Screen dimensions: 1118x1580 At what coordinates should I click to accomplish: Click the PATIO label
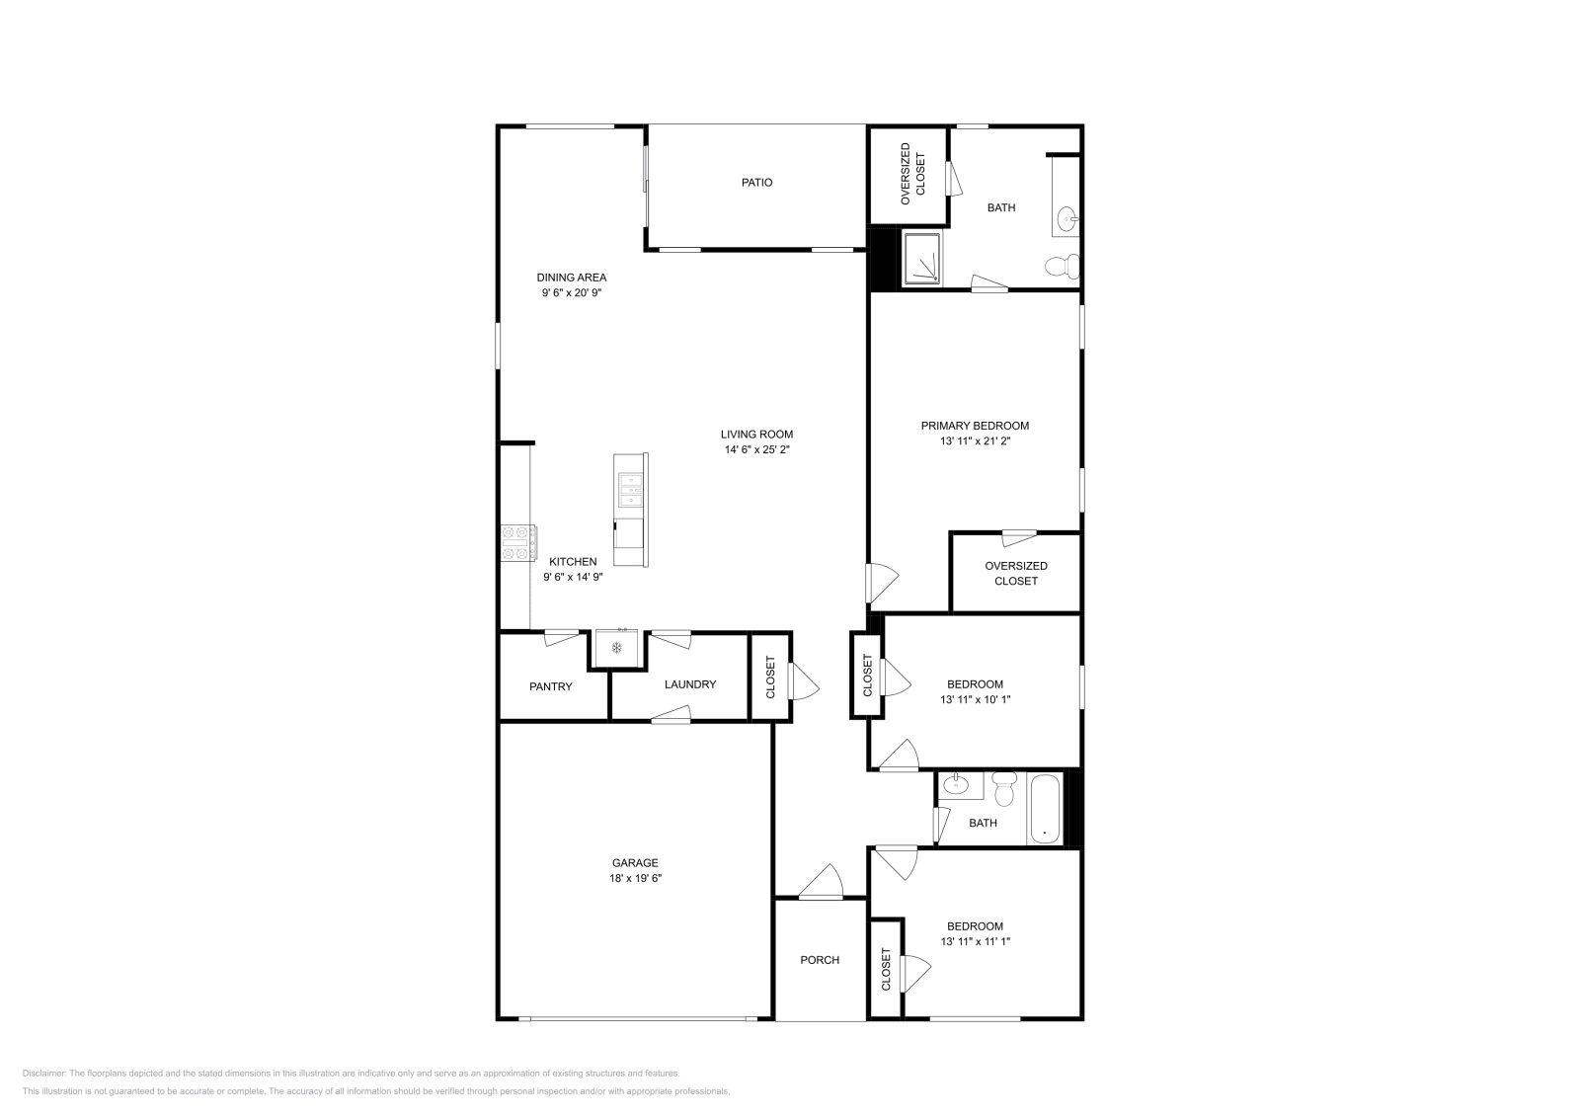tap(757, 183)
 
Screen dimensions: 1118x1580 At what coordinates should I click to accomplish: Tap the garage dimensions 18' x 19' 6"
tap(634, 878)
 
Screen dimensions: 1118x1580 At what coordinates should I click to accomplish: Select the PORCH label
tap(820, 960)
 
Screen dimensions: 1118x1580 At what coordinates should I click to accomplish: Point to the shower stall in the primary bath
tap(922, 259)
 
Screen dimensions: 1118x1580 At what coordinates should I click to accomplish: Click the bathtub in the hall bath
tap(1045, 809)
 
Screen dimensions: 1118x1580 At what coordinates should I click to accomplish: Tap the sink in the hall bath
tap(955, 786)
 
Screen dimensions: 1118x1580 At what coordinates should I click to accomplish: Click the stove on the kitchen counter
tap(518, 542)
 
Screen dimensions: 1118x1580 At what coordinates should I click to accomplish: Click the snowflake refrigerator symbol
tap(617, 648)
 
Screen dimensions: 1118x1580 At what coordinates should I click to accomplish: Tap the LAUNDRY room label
tap(690, 684)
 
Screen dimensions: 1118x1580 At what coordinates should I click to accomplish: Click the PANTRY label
tap(550, 686)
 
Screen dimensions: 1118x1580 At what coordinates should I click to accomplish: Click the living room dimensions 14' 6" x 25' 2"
tap(757, 449)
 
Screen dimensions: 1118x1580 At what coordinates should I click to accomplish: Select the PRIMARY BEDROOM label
tap(975, 426)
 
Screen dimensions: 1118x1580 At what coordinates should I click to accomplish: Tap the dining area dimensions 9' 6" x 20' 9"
tap(572, 293)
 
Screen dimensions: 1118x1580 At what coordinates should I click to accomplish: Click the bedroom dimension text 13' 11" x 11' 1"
tap(975, 942)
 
